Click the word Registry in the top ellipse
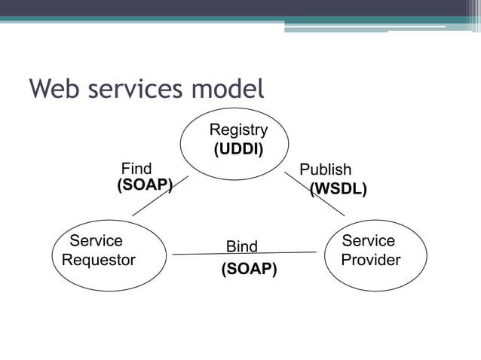238,130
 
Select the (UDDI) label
238,149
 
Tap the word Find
136,169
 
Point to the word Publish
326,169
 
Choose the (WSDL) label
339,189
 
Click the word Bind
242,246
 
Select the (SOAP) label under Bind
249,268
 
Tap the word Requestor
99,261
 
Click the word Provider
370,260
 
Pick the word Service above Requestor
96,241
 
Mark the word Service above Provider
368,241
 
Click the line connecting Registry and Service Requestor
160,196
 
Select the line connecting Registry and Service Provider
315,194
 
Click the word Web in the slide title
54,90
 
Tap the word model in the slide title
226,90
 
